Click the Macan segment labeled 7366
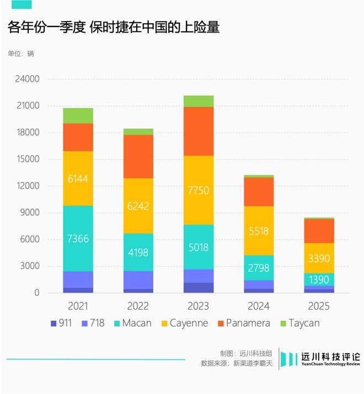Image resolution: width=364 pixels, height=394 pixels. [x=78, y=238]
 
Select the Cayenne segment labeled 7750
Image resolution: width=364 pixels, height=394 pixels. [x=199, y=190]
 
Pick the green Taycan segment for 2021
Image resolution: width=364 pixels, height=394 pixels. [x=78, y=115]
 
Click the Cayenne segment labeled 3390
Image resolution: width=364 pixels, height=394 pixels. [x=319, y=258]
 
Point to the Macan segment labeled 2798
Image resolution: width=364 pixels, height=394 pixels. [x=259, y=268]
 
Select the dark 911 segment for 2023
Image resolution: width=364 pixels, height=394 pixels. [x=199, y=287]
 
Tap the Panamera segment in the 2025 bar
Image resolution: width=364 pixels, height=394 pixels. [x=319, y=231]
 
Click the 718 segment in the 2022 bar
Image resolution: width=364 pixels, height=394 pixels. [x=138, y=280]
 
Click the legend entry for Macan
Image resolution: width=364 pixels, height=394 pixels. [x=130, y=323]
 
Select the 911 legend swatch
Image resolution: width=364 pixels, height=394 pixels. [x=53, y=323]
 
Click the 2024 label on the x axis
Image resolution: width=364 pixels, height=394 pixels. [x=259, y=306]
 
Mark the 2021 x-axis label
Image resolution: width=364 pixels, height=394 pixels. [x=78, y=306]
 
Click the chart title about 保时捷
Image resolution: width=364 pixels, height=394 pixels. [x=114, y=28]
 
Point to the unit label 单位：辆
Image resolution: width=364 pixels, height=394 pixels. [x=20, y=54]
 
